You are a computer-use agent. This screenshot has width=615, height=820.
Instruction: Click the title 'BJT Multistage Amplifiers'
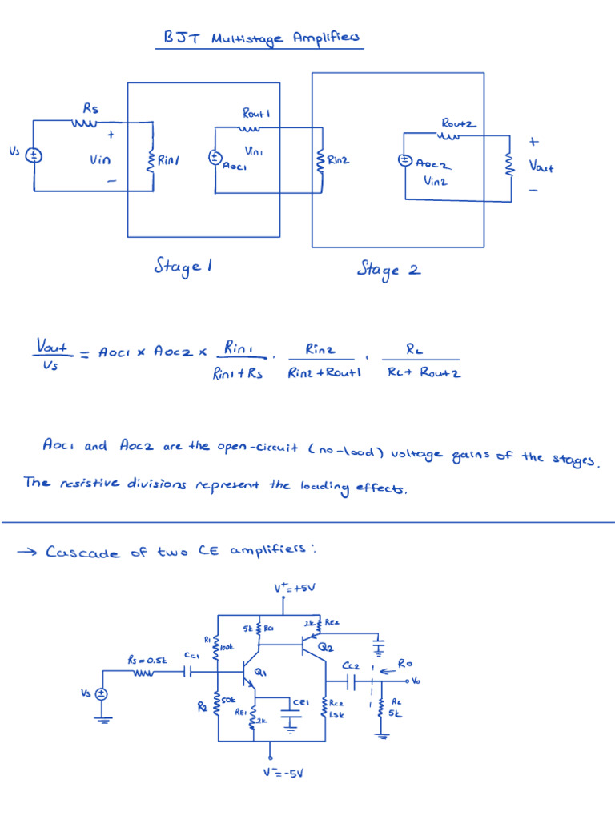260,38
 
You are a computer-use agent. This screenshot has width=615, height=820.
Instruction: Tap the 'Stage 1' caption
183,267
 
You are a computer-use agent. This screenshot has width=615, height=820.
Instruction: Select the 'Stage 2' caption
388,269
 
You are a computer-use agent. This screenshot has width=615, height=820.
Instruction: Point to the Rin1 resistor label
168,160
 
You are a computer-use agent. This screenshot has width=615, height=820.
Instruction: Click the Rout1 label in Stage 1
255,114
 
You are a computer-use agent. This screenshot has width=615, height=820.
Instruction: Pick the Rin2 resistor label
338,159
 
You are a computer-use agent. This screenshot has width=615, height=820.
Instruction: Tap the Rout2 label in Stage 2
458,123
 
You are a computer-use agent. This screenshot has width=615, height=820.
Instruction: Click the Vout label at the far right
541,167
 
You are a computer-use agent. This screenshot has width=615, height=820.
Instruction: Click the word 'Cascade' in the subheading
84,552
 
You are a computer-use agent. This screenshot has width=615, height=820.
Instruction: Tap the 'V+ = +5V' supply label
295,589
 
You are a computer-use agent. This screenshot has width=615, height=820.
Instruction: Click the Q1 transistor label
261,673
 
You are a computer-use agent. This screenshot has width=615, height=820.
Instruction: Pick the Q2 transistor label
326,646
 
